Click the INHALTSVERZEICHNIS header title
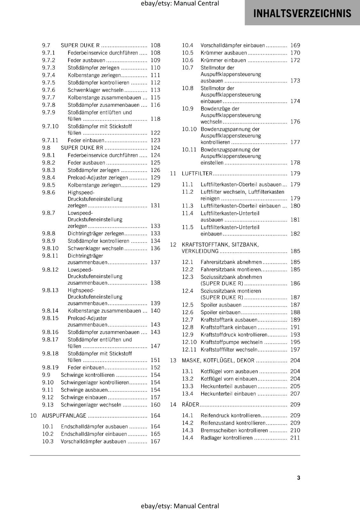[x=302, y=13]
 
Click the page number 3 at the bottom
[x=299, y=478]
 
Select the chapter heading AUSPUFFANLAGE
[x=64, y=416]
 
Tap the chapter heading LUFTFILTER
[x=197, y=173]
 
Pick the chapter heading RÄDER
[x=190, y=404]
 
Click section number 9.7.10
[x=50, y=126]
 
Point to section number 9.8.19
[x=50, y=368]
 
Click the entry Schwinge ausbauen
[x=84, y=390]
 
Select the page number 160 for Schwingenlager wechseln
[x=155, y=405]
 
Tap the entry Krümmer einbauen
[x=223, y=60]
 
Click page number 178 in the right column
[x=295, y=163]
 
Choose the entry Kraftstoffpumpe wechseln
[x=232, y=342]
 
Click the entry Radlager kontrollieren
[x=227, y=438]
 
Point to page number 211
[x=295, y=438]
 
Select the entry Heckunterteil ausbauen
[x=228, y=386]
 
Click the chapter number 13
[x=173, y=361]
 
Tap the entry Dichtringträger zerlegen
[x=96, y=234]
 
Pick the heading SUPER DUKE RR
[x=82, y=148]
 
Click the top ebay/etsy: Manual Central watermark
[x=180, y=4]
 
